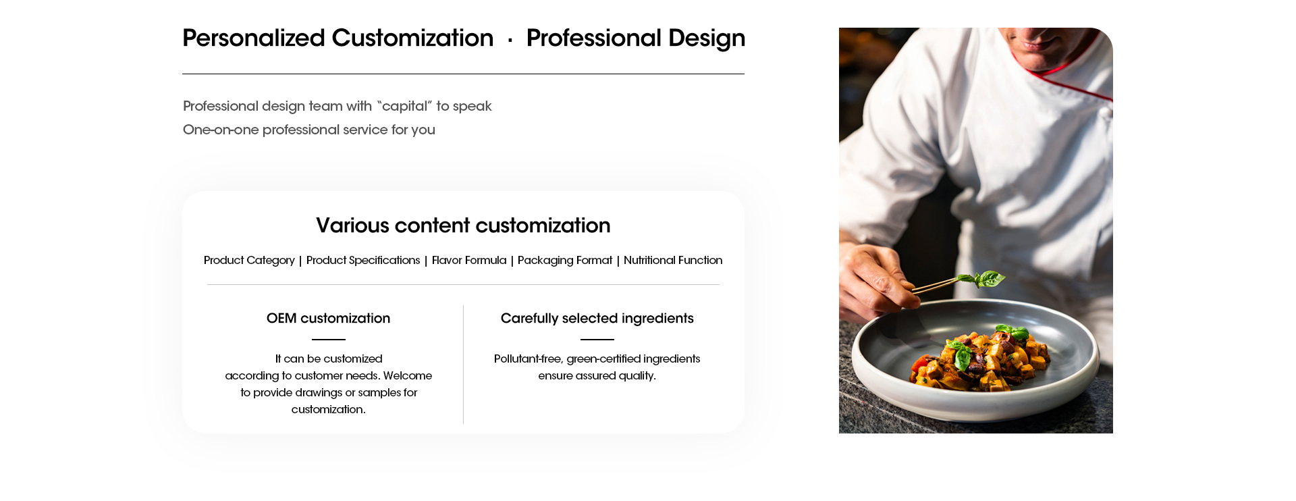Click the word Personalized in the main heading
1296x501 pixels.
click(x=254, y=38)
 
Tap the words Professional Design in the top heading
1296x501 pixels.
click(x=636, y=38)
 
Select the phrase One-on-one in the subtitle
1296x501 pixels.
click(x=221, y=130)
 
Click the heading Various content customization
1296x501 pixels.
click(x=463, y=226)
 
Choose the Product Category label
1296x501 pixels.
click(x=249, y=261)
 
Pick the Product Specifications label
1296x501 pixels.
click(x=363, y=261)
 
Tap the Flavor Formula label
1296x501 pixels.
click(x=469, y=261)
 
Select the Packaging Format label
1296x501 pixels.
click(x=565, y=261)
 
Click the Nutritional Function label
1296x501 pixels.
click(x=673, y=261)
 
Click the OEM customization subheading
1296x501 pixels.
click(x=328, y=319)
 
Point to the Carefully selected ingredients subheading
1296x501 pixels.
click(x=597, y=319)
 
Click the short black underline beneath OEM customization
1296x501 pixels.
click(x=329, y=340)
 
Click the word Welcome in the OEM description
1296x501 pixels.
click(x=408, y=376)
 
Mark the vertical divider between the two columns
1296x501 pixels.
click(x=464, y=365)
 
